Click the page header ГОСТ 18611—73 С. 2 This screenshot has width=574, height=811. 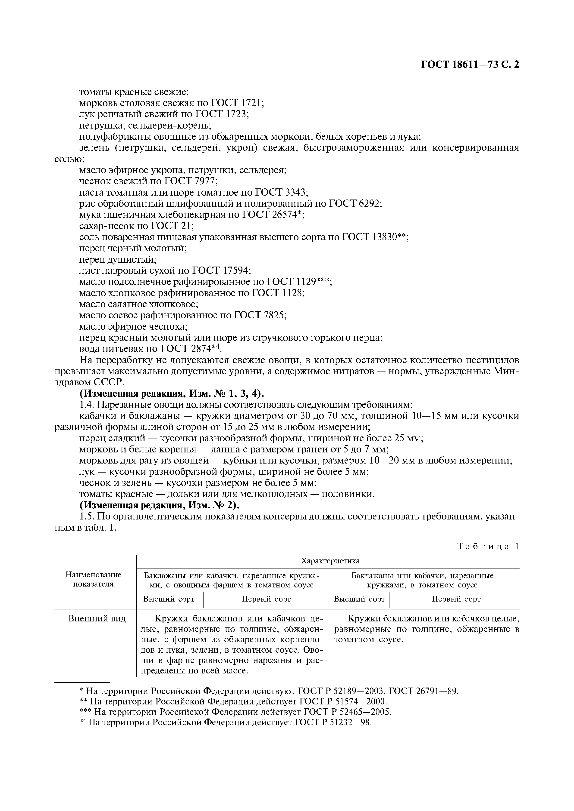470,65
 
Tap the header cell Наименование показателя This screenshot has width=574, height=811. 94,579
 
